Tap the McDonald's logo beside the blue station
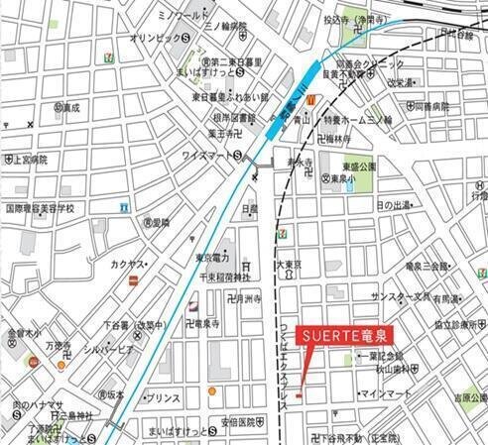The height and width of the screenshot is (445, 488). pyautogui.click(x=310, y=100)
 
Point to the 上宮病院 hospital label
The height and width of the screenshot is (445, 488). pyautogui.click(x=26, y=158)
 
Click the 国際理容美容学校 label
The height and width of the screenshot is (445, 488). pyautogui.click(x=41, y=208)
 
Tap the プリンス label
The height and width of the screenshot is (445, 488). pyautogui.click(x=162, y=397)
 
